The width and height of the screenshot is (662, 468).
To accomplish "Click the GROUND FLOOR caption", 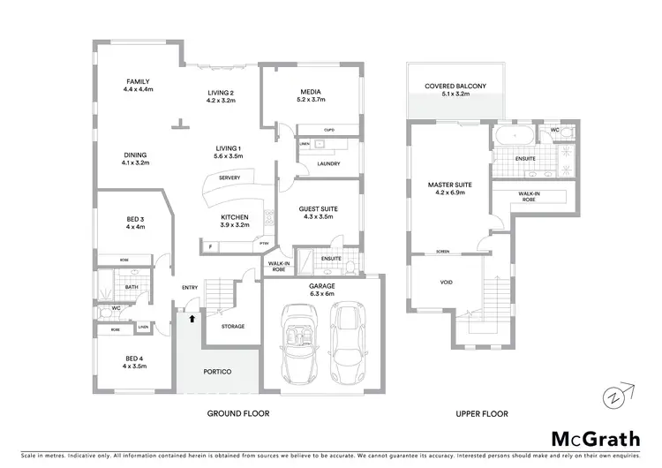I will pos(237,413).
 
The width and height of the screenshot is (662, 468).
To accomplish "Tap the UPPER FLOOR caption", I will pos(482,413).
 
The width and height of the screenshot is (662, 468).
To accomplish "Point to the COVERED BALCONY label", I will pos(455,86).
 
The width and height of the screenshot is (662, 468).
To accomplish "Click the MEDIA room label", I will pos(310,92).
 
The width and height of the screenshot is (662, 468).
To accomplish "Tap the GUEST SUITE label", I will pos(319,208).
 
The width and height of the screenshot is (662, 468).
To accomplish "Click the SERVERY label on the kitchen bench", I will pos(229,177).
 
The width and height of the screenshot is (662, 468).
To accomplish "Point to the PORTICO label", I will pos(217,372).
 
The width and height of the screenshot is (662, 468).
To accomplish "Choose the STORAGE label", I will pos(232,327).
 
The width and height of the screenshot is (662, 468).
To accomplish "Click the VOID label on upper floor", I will pos(446,283).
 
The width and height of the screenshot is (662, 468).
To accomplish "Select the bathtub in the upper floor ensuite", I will pos(512,136).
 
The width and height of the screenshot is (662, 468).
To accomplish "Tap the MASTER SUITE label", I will pos(450,185).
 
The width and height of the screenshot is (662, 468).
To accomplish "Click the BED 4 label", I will pos(133,359).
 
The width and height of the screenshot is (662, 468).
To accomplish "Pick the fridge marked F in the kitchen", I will pos(210,246).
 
